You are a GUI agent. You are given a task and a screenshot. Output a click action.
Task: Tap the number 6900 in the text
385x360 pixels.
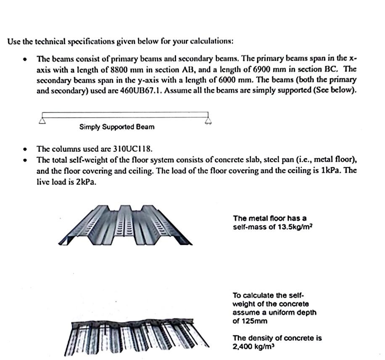(265, 69)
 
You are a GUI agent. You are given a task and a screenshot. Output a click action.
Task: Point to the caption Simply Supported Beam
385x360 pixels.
(116, 127)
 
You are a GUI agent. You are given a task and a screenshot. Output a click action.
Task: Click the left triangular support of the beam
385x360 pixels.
(42, 121)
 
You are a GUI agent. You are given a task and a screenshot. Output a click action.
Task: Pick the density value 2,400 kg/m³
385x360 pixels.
(251, 347)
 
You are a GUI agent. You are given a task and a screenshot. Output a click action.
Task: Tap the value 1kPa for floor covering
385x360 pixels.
(329, 171)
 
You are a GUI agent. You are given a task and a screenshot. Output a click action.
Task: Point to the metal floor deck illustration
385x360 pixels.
(125, 225)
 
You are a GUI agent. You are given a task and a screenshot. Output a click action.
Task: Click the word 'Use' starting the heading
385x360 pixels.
(13, 42)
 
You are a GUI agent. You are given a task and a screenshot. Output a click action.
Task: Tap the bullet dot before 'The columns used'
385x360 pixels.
(26, 149)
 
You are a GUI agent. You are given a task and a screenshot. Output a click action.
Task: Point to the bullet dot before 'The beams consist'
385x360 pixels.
(26, 59)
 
